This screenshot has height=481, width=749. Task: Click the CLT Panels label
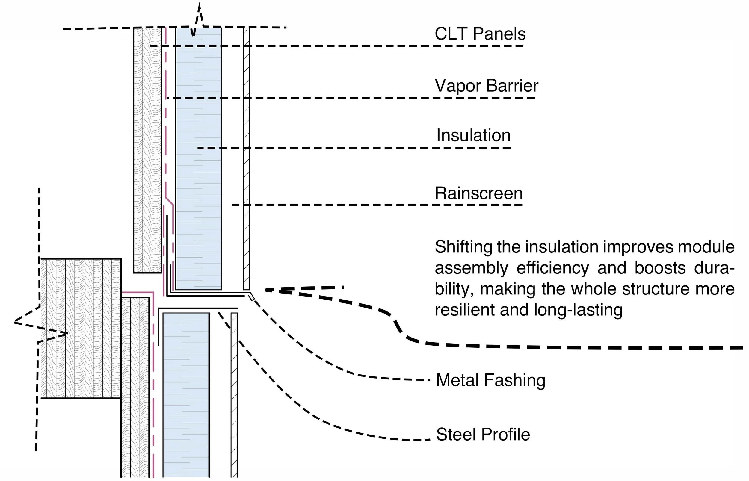point(480,34)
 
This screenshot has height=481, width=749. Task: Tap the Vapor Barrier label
point(486,86)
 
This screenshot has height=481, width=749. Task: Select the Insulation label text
point(473,136)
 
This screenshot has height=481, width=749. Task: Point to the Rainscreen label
point(478,193)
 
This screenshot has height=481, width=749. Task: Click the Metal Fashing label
point(491,380)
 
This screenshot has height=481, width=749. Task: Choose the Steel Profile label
point(483,435)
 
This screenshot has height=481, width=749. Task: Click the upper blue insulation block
point(199,159)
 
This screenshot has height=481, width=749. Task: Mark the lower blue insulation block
point(186,395)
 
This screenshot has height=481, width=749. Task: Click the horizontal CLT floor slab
point(81,329)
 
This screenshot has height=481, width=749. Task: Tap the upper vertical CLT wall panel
point(147,150)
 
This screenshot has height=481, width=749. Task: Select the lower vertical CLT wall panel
point(135,388)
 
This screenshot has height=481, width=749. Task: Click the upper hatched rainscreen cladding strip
point(247,159)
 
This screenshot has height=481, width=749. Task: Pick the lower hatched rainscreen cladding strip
point(234,395)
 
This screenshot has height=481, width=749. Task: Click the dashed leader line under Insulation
point(354,148)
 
